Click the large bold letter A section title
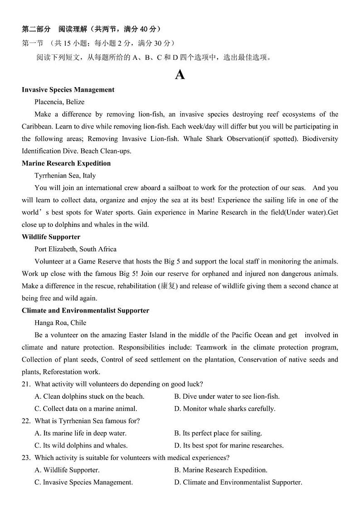click(x=180, y=75)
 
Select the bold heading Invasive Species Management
click(x=68, y=90)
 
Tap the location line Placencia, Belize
click(x=59, y=102)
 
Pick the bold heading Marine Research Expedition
click(x=66, y=163)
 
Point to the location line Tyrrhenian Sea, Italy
click(x=65, y=176)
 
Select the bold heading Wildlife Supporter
click(x=51, y=237)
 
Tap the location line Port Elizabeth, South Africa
click(x=75, y=249)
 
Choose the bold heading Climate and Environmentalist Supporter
click(x=85, y=311)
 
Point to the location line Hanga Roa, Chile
click(x=60, y=323)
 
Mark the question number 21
click(x=26, y=384)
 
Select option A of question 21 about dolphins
click(x=89, y=396)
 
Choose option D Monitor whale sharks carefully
click(x=224, y=409)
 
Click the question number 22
click(x=26, y=421)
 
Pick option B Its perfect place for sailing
click(x=218, y=433)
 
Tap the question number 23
click(x=26, y=458)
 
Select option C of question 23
click(x=83, y=482)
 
